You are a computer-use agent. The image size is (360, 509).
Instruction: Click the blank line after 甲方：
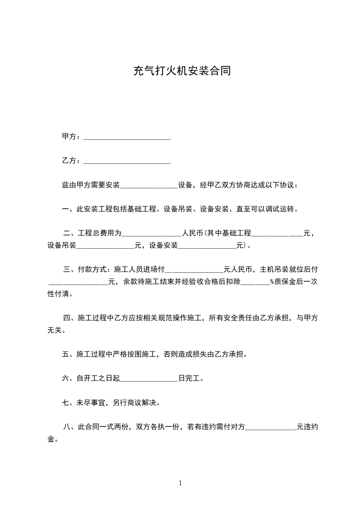coord(127,137)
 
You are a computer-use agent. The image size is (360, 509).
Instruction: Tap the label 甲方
coord(69,137)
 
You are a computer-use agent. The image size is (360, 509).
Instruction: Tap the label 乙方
coord(69,161)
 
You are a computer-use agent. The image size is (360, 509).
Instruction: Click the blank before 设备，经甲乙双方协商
coord(149,186)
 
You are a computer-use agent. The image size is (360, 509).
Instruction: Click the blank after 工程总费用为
coord(152,234)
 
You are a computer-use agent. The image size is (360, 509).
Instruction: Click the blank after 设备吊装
coord(105,246)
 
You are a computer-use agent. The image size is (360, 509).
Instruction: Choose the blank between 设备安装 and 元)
coord(207,246)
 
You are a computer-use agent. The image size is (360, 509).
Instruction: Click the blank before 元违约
coord(271,427)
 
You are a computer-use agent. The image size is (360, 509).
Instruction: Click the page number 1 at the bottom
coord(180,483)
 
